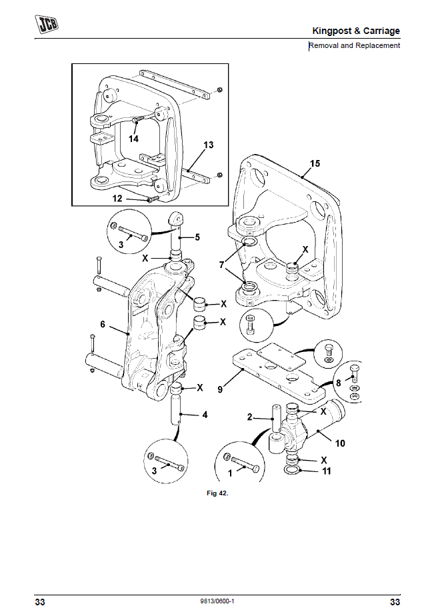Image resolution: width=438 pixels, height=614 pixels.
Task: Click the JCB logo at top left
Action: (x=46, y=25)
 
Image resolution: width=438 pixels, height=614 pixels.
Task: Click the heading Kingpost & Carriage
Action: (x=356, y=31)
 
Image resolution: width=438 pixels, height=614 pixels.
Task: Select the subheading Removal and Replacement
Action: (x=354, y=45)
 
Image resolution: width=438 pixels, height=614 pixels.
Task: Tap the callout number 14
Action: (x=133, y=139)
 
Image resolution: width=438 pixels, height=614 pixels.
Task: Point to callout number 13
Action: (x=208, y=145)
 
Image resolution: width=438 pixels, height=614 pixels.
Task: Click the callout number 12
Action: (x=117, y=198)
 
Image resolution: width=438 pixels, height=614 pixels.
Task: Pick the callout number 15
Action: (x=315, y=163)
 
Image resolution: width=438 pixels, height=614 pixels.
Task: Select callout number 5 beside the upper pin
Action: (x=197, y=237)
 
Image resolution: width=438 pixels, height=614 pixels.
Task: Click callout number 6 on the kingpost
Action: (x=103, y=324)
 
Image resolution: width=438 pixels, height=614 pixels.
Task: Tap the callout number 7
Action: (x=222, y=265)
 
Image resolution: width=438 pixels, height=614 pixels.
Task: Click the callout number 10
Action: (x=339, y=441)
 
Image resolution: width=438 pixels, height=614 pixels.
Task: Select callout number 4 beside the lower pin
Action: (x=205, y=415)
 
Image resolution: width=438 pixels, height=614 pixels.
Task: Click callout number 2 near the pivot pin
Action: (x=250, y=417)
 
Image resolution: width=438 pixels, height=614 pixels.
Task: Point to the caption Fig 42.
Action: (x=219, y=494)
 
